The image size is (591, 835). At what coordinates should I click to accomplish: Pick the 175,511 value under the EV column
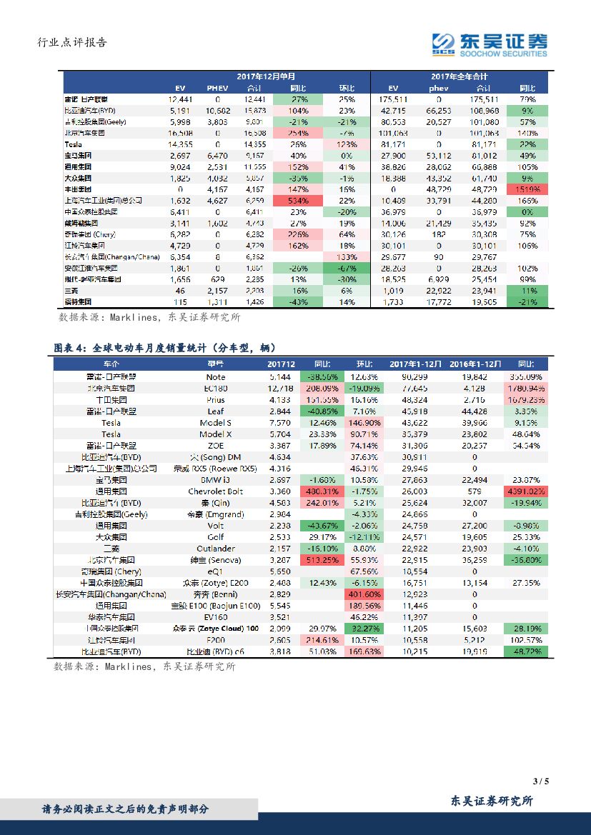(x=393, y=99)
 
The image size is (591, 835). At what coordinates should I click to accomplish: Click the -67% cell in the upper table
(x=347, y=268)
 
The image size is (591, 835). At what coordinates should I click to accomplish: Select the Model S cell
(x=215, y=422)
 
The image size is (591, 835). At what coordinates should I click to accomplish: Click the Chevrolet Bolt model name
(x=215, y=491)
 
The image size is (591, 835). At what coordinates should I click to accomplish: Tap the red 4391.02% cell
(x=527, y=491)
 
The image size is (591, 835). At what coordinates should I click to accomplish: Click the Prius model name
(x=215, y=399)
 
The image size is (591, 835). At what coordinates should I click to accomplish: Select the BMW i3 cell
(x=215, y=480)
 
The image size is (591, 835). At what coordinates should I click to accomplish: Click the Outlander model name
(x=215, y=549)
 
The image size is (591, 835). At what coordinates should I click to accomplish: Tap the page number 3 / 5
(x=540, y=780)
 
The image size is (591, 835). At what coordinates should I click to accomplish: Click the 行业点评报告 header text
(x=71, y=43)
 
